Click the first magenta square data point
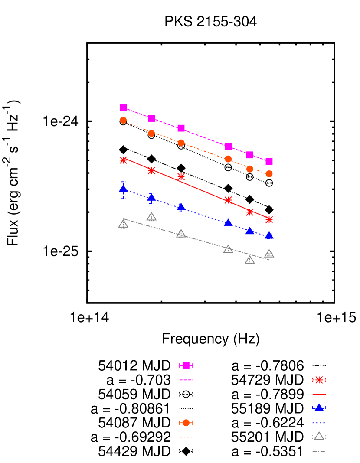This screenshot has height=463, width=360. [x=123, y=108]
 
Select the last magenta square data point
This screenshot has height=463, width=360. [x=269, y=161]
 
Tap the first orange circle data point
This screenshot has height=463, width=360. [x=123, y=120]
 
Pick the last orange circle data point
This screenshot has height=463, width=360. [x=269, y=174]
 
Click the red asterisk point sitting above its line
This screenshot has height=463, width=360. [x=181, y=176]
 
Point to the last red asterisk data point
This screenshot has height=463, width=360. [x=269, y=219]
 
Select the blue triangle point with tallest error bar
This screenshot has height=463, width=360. [x=123, y=189]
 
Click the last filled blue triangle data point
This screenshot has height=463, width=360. [x=269, y=235]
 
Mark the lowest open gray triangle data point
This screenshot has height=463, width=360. [x=250, y=260]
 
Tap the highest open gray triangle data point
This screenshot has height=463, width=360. [x=151, y=217]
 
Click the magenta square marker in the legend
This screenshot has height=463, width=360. [x=186, y=365]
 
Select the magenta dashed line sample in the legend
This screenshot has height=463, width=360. [x=186, y=380]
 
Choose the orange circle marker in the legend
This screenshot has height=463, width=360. [x=186, y=423]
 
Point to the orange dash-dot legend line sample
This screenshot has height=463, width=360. [x=186, y=437]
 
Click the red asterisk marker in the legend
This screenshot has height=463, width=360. [x=319, y=380]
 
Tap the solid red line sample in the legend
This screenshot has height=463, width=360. [x=319, y=394]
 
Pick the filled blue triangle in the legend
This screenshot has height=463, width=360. [x=319, y=408]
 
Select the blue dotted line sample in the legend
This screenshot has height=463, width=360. [x=319, y=423]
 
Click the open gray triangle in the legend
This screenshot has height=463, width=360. [x=319, y=436]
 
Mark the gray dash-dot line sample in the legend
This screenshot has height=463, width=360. [x=319, y=451]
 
